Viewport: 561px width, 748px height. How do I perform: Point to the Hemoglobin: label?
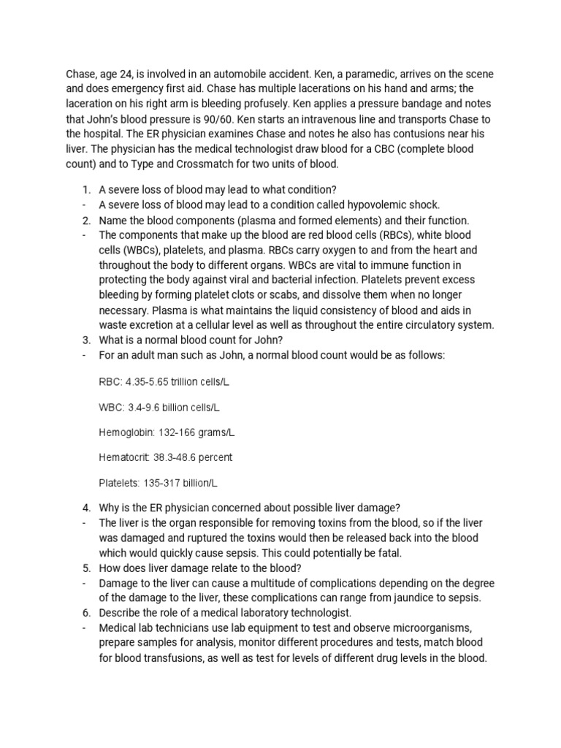coord(126,432)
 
